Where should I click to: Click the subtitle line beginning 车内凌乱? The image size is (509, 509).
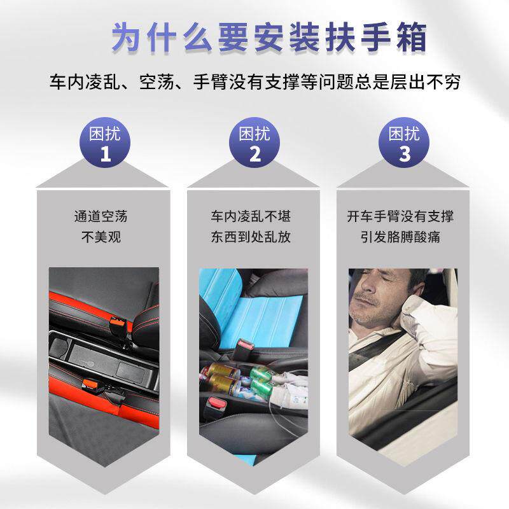[254, 83]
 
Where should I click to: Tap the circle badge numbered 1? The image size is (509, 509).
[105, 144]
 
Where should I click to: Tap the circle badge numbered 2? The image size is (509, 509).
[254, 144]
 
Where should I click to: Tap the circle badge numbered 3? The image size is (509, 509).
[404, 144]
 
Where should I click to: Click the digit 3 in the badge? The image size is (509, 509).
[404, 155]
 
